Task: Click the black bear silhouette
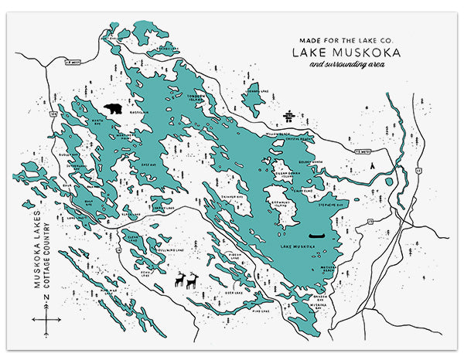click(x=112, y=110)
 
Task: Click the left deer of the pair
click(x=179, y=280)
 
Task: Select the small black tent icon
click(x=372, y=165)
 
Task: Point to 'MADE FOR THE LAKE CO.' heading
click(x=337, y=39)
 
